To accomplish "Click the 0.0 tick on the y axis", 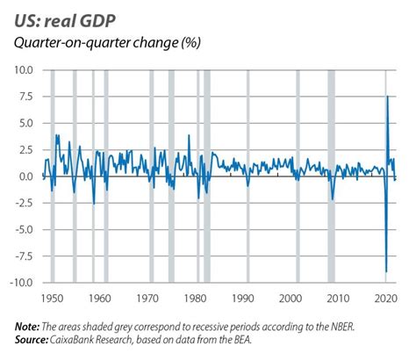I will click(25, 176).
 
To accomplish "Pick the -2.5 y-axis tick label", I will click(23, 203).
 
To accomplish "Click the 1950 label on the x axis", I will click(52, 297).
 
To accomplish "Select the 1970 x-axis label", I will click(148, 297).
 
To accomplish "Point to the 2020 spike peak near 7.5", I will click(388, 97).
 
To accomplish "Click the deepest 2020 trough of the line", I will click(386, 271).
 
